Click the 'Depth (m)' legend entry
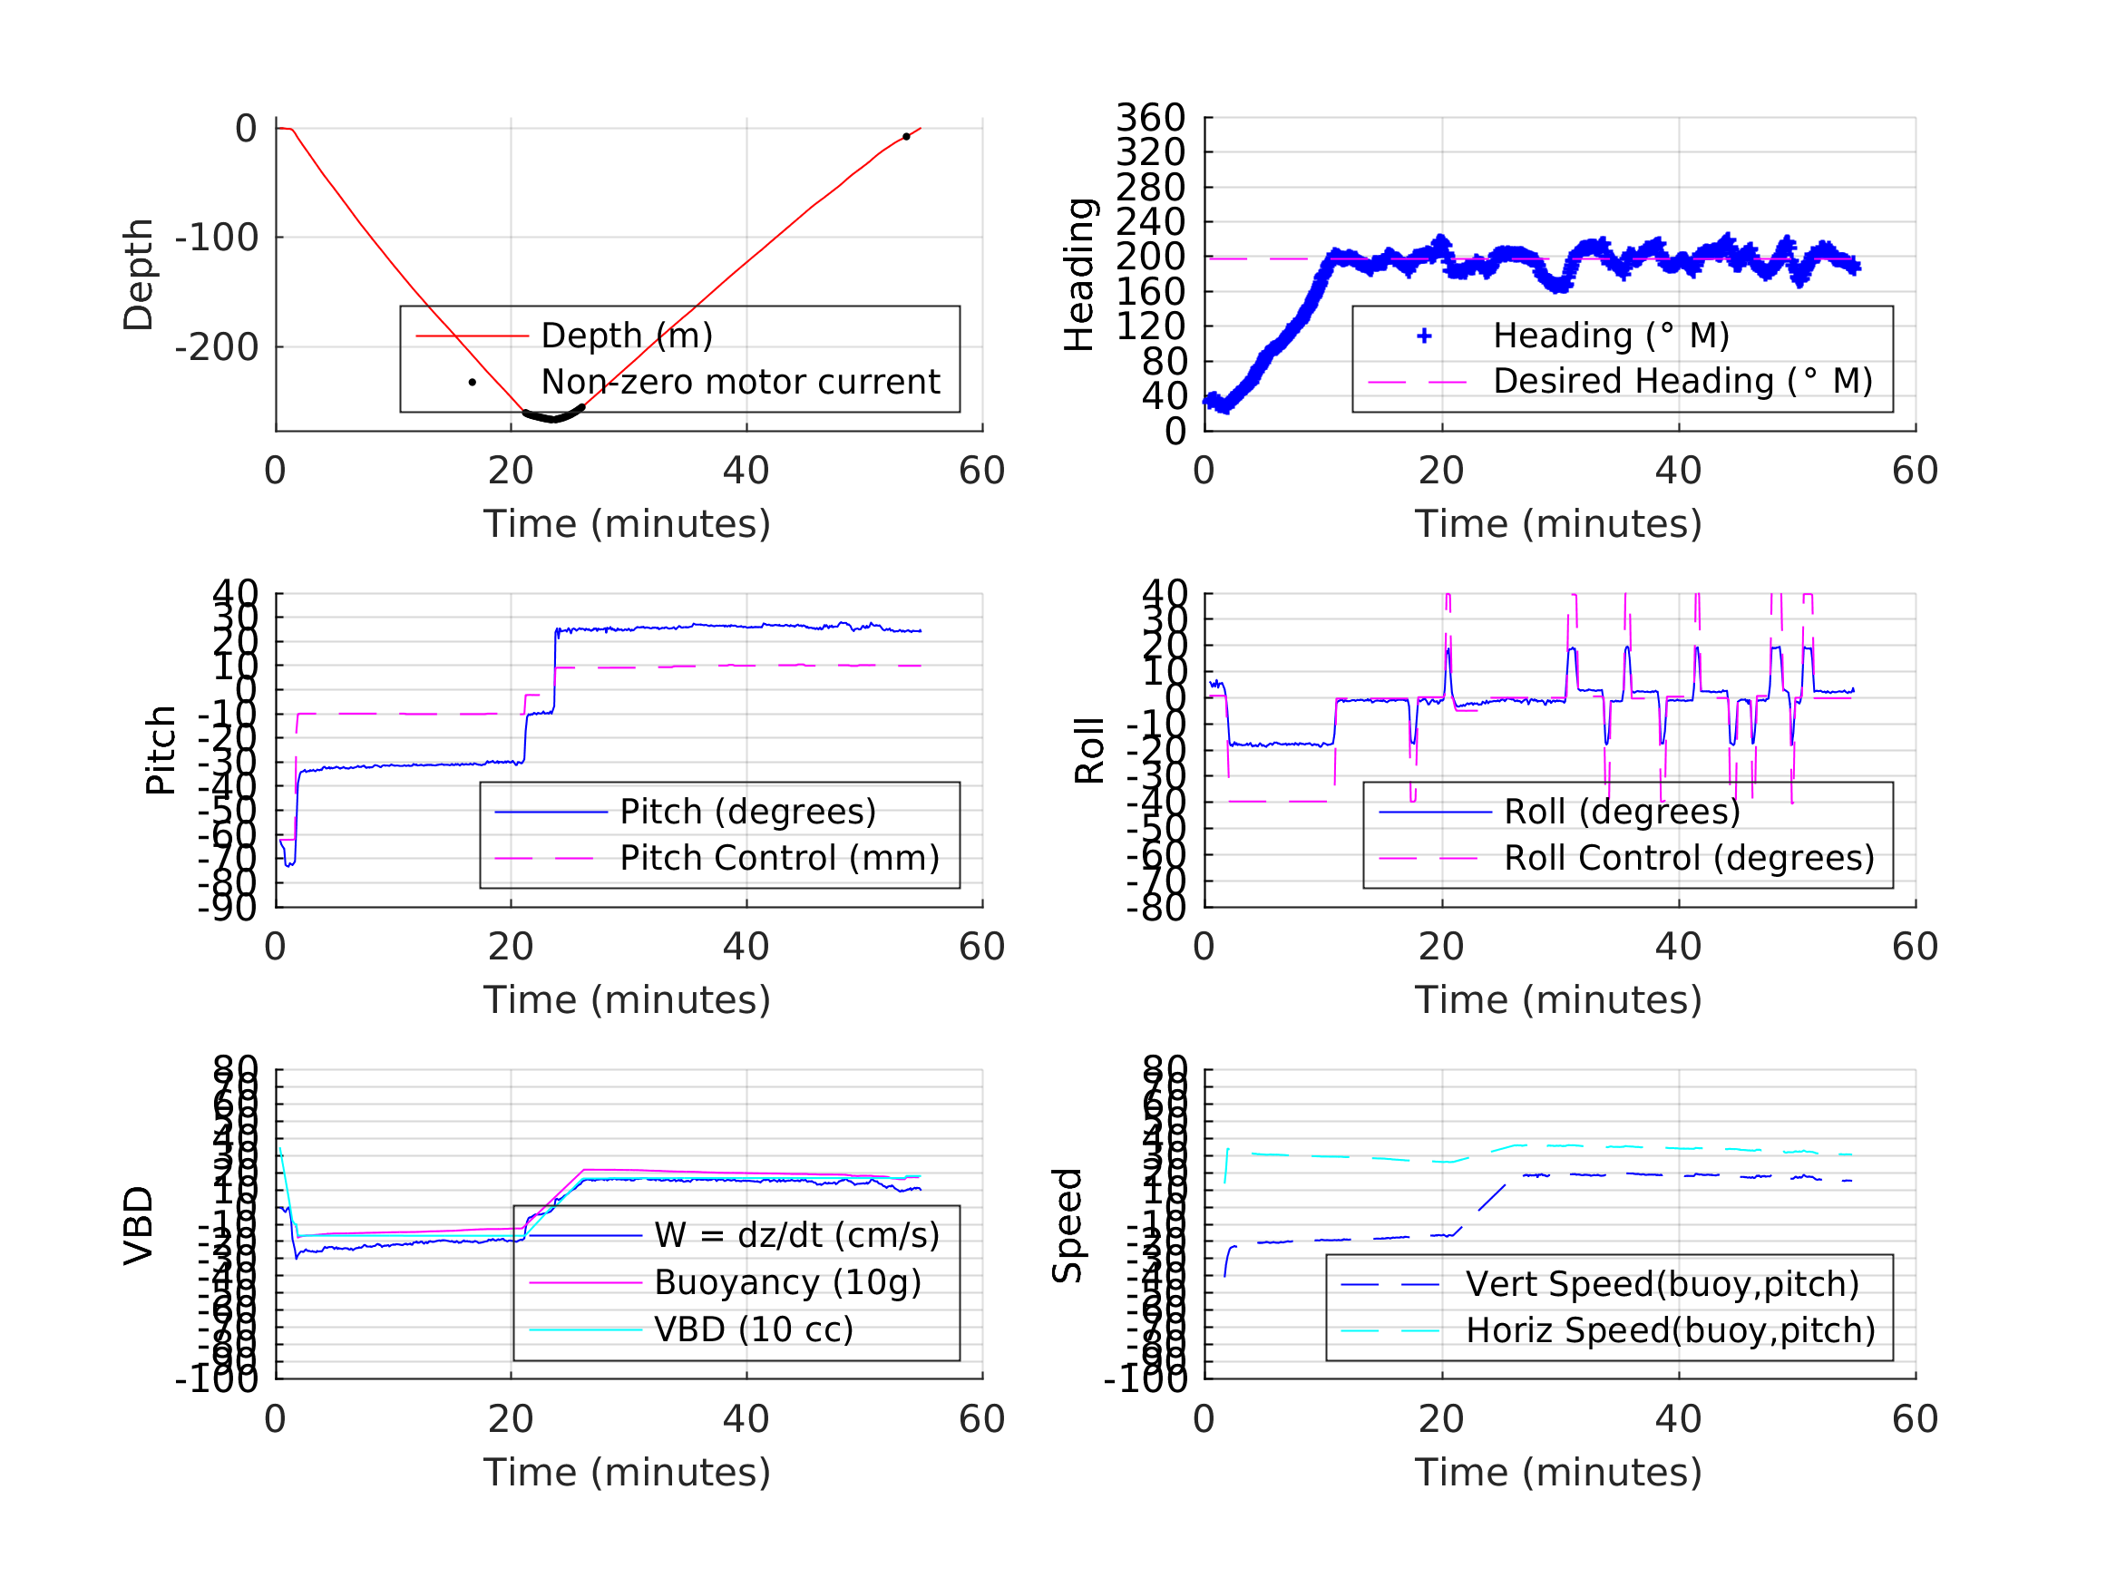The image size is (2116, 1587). [627, 336]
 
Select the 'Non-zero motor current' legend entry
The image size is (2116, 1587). [739, 382]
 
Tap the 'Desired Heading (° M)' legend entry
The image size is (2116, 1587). [1682, 381]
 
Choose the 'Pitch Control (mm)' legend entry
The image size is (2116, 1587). [779, 858]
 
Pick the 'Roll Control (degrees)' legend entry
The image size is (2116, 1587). [1689, 858]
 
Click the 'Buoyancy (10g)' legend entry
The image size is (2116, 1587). [787, 1282]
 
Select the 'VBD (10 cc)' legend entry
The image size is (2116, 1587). [753, 1329]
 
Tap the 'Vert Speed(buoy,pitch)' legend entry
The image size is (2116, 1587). [1662, 1284]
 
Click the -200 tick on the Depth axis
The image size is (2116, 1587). [216, 347]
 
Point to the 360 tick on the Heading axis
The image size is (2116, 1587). [1150, 118]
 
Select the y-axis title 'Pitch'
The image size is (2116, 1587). [161, 750]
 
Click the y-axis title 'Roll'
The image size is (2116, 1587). [1089, 750]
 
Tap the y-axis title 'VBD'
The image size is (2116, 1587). [139, 1225]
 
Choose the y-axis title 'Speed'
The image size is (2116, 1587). [1067, 1225]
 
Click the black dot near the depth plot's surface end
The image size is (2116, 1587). [906, 137]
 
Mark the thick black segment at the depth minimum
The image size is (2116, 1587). [553, 417]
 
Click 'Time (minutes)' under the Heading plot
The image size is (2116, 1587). [1558, 524]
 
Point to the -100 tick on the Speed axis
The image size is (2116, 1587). [1145, 1379]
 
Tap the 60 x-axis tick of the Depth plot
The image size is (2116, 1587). [981, 471]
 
